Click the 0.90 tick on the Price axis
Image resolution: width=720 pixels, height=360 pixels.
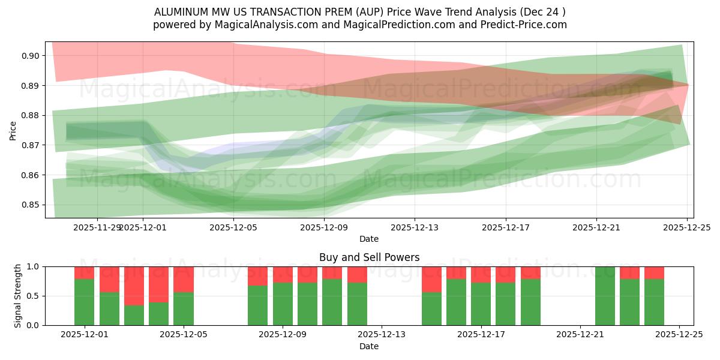pos(32,56)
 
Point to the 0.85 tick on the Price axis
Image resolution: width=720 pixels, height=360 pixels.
pos(32,205)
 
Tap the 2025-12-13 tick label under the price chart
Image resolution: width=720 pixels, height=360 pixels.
pos(415,228)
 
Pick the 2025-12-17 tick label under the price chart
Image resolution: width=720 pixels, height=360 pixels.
pos(505,228)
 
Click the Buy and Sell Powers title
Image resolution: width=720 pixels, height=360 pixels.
pos(369,257)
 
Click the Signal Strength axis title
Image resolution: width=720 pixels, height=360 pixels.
pos(18,296)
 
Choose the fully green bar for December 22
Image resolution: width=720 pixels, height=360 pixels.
pos(605,296)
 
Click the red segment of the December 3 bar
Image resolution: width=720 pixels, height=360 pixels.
pos(134,286)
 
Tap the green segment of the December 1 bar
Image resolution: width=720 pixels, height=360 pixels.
pos(84,302)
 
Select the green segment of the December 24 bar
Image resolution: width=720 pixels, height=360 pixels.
pos(654,302)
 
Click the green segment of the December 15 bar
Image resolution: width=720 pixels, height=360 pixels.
pos(431,309)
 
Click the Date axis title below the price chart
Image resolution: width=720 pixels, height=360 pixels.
pos(369,239)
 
